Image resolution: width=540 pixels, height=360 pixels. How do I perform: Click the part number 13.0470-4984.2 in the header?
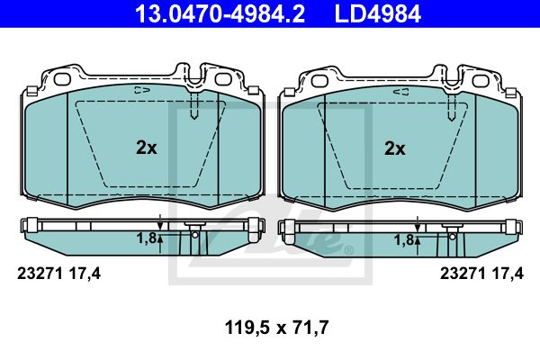pos(220,13)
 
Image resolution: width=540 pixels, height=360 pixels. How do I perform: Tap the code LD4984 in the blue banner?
pos(378,13)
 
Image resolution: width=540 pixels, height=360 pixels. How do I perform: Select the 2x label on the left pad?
pos(147,148)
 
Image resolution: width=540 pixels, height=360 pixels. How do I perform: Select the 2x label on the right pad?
pos(395,148)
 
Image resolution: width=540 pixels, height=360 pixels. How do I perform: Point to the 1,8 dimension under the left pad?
pos(147,238)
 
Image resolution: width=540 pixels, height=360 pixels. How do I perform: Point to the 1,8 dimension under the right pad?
pos(404,240)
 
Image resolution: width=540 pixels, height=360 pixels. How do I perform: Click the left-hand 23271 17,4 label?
pos(58,274)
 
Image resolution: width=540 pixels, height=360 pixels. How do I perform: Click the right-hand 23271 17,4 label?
pos(481,274)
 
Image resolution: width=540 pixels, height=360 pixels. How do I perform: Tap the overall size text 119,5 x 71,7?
pos(276,328)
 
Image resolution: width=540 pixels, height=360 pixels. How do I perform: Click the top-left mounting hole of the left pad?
pos(62,79)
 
